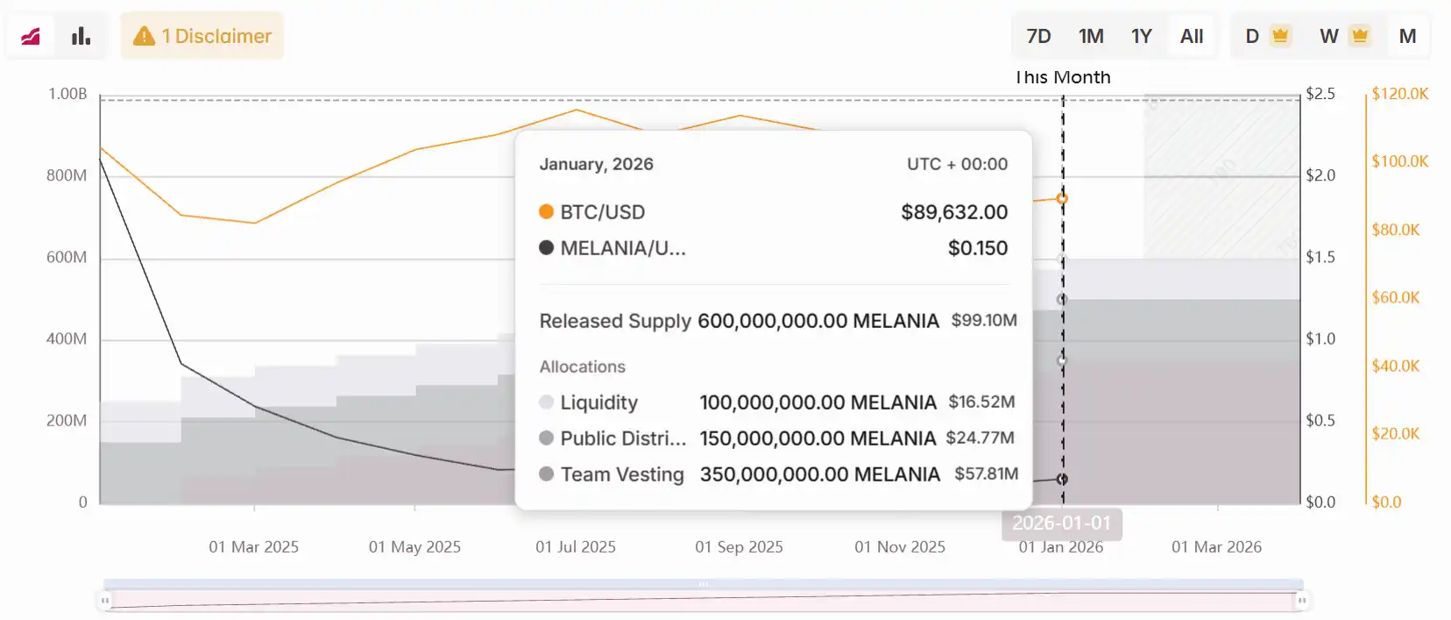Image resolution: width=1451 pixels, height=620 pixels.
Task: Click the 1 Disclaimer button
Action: coord(202,36)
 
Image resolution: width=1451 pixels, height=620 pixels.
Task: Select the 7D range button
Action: coord(1038,36)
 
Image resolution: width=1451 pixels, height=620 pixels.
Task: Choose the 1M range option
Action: coord(1091,36)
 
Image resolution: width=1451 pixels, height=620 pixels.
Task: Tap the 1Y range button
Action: coord(1141,36)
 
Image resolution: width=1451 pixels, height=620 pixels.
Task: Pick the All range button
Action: coord(1192,36)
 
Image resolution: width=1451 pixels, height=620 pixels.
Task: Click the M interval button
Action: coord(1407,36)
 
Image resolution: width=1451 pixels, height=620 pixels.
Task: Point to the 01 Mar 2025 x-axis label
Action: coord(253,546)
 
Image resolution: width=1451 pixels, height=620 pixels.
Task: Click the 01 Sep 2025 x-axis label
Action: coord(739,546)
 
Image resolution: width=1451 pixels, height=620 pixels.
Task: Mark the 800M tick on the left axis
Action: coord(67,175)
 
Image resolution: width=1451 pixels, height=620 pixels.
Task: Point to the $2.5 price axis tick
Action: coord(1320,94)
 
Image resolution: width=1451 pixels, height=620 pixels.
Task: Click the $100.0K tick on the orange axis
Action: coord(1399,161)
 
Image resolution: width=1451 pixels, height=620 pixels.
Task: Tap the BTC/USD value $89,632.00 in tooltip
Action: coord(954,212)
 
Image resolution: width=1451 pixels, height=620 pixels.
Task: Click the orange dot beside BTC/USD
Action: coord(546,211)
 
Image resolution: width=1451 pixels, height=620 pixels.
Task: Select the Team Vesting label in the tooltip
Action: coord(622,474)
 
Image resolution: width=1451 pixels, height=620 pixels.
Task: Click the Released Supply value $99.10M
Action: coord(984,321)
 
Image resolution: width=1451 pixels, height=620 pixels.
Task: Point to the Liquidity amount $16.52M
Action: coord(981,402)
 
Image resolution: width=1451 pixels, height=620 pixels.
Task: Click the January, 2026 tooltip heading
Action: coord(596,164)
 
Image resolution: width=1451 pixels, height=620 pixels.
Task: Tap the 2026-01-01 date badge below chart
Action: coord(1061,523)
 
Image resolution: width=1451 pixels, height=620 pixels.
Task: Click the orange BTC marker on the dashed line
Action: coord(1062,198)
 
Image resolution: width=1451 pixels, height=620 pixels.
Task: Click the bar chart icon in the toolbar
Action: coord(81,36)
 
